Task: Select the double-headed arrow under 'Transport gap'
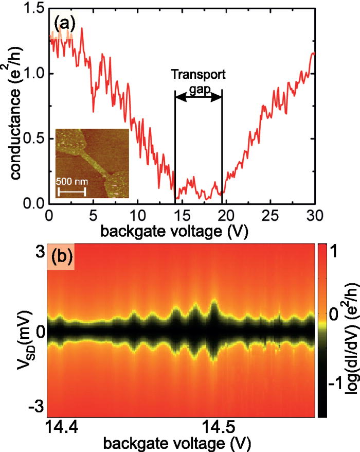(x=198, y=96)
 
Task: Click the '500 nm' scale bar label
(x=71, y=185)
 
